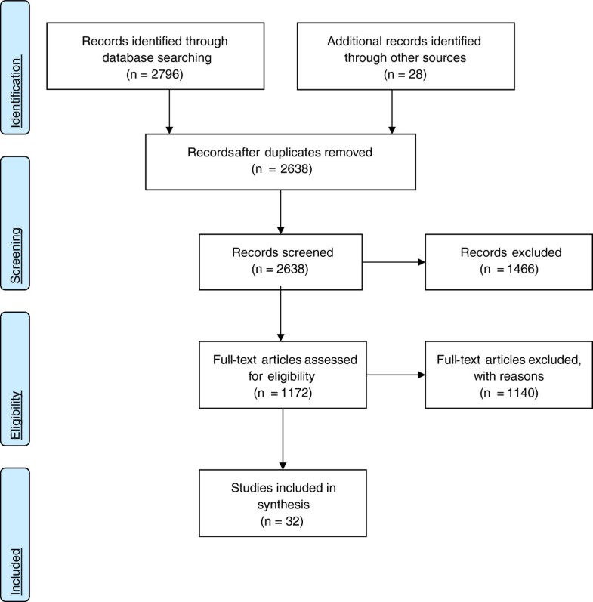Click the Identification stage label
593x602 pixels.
(x=14, y=69)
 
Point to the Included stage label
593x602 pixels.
(x=14, y=533)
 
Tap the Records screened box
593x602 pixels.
(x=281, y=262)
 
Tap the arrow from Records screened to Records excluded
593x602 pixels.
(x=394, y=263)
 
